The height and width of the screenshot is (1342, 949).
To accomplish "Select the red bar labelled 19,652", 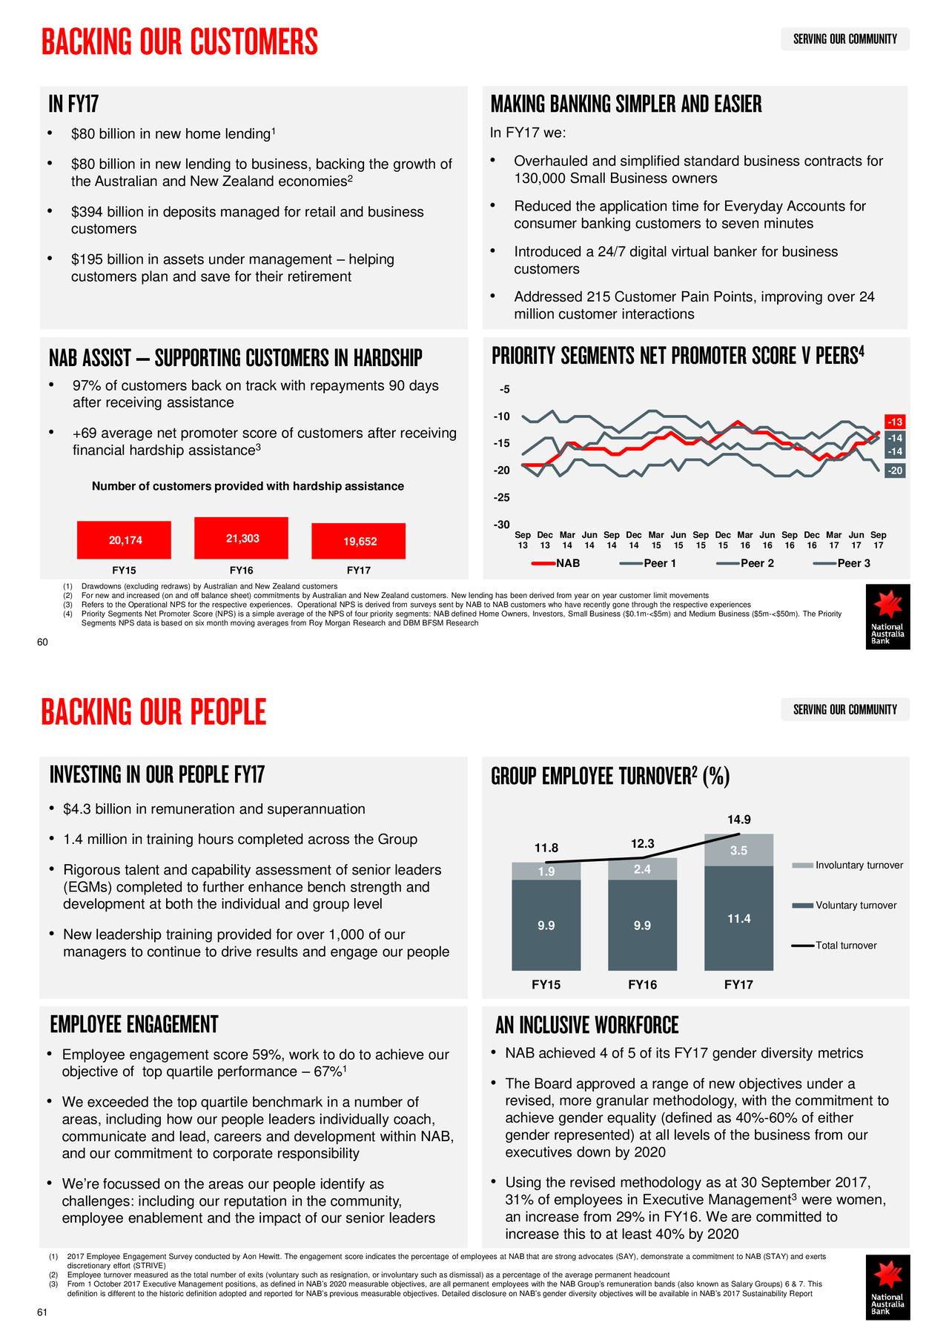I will [359, 541].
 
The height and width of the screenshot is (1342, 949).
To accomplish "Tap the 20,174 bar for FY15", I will [125, 540].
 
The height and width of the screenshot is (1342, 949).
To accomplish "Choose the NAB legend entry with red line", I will [556, 563].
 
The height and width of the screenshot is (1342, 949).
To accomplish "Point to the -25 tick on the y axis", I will [501, 497].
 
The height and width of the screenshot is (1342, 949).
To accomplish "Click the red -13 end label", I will [895, 422].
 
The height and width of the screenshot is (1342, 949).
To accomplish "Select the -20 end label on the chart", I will [895, 471].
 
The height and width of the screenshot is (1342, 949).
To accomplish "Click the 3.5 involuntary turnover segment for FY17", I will [738, 851].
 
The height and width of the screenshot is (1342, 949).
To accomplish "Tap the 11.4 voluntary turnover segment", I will [738, 919].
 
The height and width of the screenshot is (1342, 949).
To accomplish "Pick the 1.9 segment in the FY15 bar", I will [546, 871].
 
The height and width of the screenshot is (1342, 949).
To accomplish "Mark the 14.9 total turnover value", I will [738, 820].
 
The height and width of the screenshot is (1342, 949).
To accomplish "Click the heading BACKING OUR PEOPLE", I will [153, 712].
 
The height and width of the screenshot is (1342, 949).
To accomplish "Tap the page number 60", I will [42, 642].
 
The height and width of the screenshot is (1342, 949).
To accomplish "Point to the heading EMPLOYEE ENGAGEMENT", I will [134, 1025].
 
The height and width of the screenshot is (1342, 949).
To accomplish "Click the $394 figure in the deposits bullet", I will [86, 212].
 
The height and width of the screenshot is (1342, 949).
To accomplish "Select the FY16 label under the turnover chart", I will [642, 985].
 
